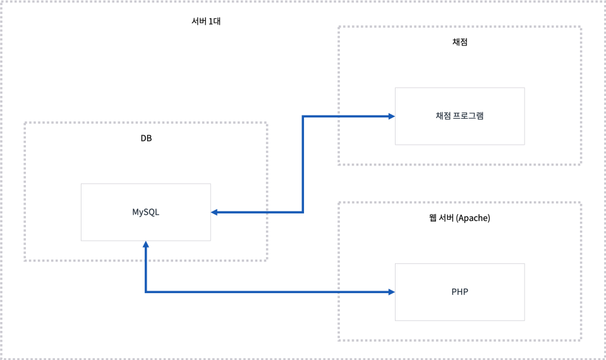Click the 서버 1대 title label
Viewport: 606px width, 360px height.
(205, 21)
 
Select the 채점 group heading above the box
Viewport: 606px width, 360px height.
(459, 42)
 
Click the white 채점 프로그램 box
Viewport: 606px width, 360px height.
(459, 116)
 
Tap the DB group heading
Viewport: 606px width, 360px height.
(146, 138)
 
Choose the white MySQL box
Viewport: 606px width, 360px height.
(145, 212)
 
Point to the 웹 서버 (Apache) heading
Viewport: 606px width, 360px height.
(459, 218)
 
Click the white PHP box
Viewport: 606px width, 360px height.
(459, 292)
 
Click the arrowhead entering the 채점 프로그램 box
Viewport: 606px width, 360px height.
(391, 116)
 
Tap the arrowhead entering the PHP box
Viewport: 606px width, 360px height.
(391, 292)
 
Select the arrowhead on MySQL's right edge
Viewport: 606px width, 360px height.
(215, 212)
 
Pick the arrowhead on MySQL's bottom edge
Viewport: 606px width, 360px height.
(145, 245)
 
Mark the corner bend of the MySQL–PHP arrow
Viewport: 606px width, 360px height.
(145, 292)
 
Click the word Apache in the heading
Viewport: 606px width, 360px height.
(473, 218)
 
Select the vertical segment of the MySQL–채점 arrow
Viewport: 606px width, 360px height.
(303, 164)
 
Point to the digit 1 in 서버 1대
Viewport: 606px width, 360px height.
(210, 21)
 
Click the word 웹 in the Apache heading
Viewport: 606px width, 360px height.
(432, 218)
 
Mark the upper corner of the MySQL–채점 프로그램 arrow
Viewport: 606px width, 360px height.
(303, 116)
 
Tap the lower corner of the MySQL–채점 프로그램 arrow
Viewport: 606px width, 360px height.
(303, 212)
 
